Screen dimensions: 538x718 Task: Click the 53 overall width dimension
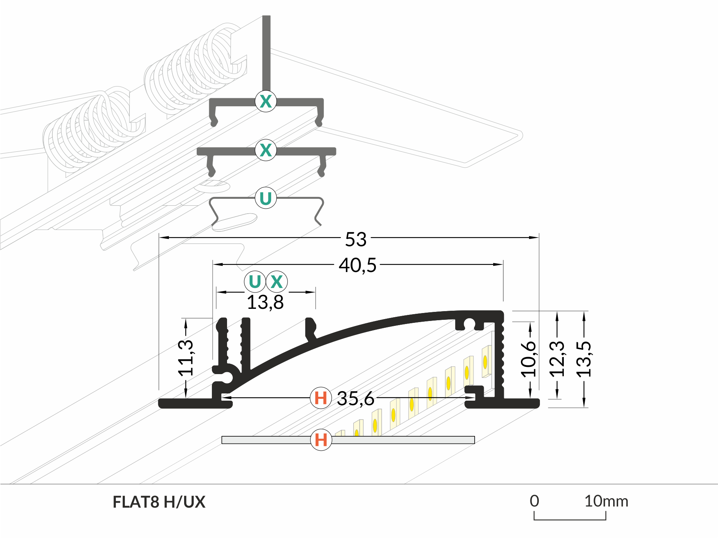click(355, 239)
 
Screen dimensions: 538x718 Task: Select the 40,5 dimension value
click(357, 265)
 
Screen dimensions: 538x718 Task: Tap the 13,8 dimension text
click(265, 302)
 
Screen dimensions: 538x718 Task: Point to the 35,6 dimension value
click(355, 399)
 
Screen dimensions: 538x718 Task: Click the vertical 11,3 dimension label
click(186, 357)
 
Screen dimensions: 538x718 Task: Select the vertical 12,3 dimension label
click(557, 359)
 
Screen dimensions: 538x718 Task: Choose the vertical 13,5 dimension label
click(584, 359)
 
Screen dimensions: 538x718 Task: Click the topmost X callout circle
click(266, 101)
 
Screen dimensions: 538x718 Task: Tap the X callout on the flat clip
click(266, 150)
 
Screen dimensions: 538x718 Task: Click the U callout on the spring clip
click(265, 198)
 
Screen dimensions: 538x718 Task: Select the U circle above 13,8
click(255, 282)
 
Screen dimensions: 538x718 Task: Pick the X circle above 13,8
click(277, 282)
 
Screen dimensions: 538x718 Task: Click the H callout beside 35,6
click(321, 398)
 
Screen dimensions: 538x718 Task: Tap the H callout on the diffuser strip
click(321, 440)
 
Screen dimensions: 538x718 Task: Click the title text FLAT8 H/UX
click(159, 502)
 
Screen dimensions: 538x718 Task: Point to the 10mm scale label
click(606, 501)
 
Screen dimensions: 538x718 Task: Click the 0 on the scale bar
click(534, 501)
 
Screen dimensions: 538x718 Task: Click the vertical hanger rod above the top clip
click(266, 53)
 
